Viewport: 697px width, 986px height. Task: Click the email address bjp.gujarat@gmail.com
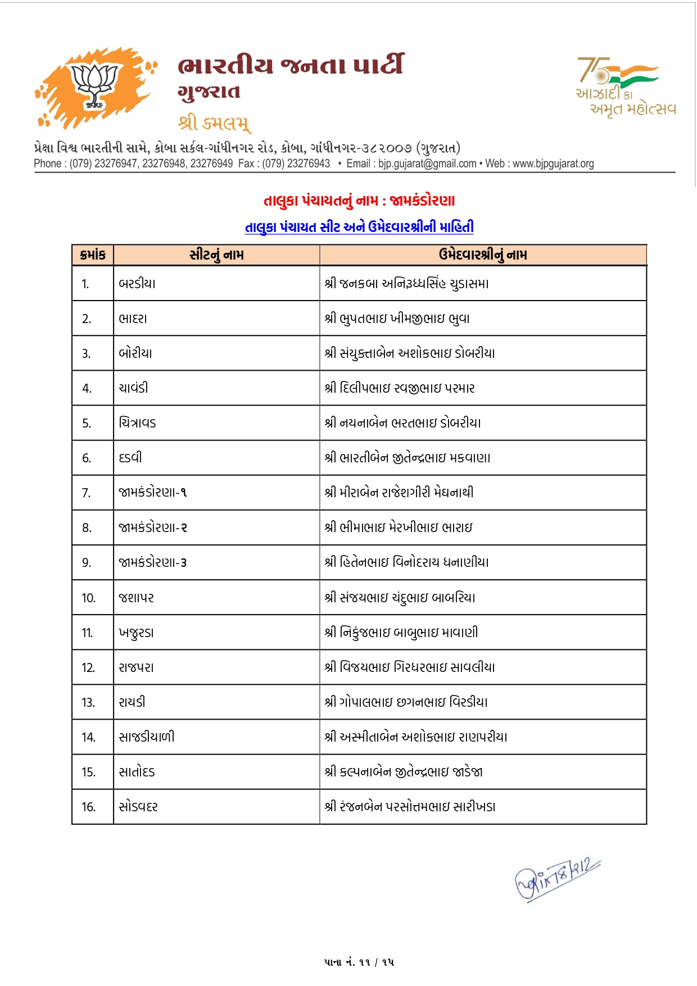427,163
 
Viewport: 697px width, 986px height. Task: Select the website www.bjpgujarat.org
553,163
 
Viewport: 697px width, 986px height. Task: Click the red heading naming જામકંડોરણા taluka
359,201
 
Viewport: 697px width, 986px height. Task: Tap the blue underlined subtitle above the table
359,227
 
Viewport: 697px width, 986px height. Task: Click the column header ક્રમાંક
93,255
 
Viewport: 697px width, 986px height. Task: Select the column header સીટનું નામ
216,255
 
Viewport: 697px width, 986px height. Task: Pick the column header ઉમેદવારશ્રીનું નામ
483,255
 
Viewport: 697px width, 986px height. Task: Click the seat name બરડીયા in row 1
137,284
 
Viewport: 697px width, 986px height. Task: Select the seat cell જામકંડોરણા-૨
153,528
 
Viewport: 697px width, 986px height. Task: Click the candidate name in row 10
400,598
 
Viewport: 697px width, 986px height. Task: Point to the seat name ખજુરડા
136,633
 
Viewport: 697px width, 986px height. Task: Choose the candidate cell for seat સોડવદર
410,807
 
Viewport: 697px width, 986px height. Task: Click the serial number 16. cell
88,807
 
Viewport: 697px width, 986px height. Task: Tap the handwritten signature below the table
557,879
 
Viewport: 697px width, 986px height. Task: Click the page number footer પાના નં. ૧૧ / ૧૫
359,962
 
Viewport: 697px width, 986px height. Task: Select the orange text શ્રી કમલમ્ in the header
214,122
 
